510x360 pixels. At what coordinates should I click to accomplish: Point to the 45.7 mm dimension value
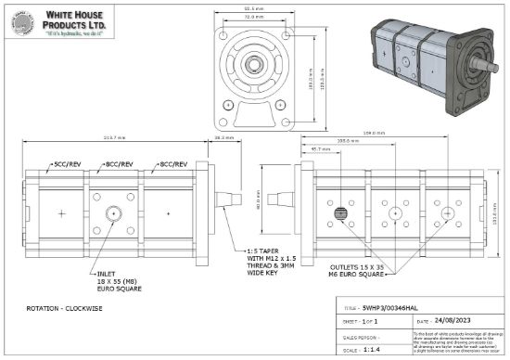[x=320, y=148]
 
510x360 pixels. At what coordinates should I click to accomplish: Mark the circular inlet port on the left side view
[x=115, y=212]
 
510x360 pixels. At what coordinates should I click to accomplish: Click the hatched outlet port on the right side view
[x=338, y=212]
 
